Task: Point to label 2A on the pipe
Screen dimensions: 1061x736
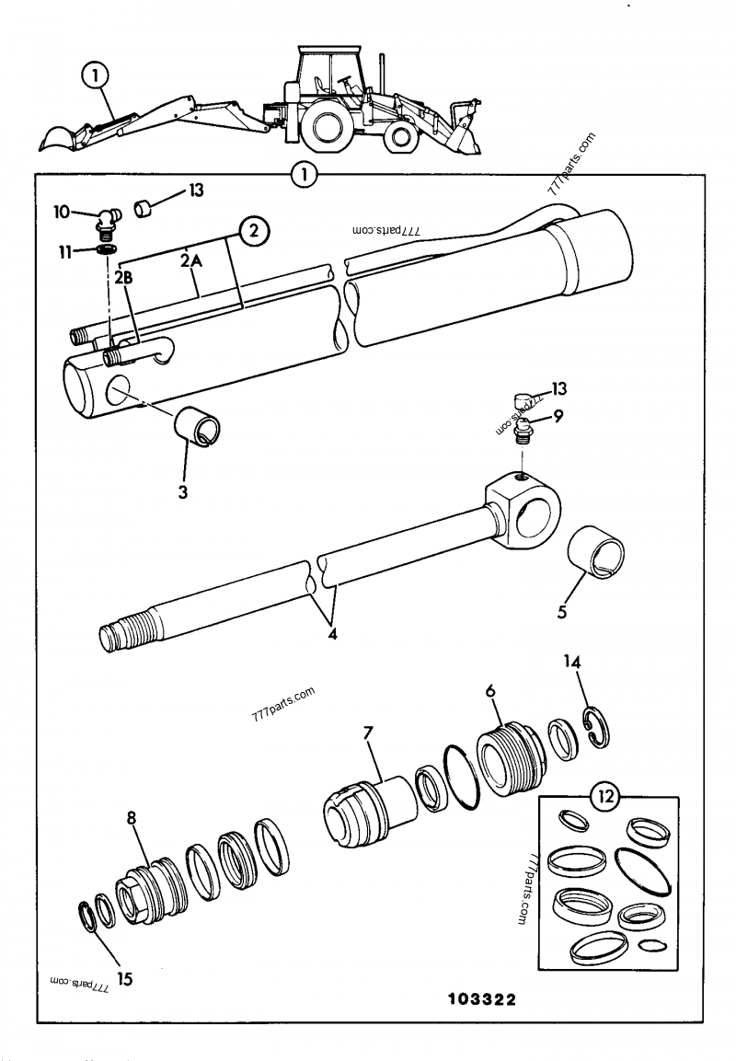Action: tap(190, 262)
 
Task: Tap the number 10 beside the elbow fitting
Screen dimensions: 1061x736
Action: tap(61, 213)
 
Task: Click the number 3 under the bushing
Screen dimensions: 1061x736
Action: tap(183, 492)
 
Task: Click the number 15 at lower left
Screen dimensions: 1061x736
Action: tap(124, 979)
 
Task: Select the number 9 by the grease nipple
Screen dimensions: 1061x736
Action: tap(558, 416)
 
